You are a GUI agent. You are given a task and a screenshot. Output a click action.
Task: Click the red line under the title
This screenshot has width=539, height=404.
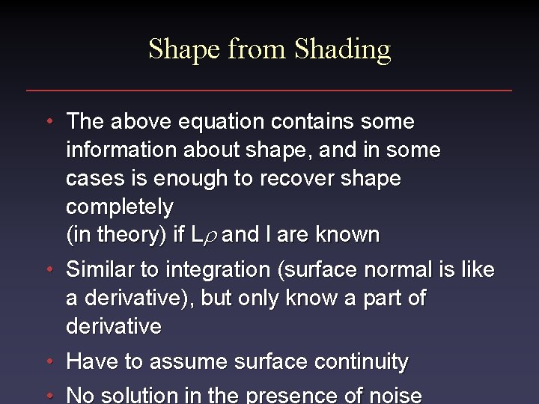point(269,91)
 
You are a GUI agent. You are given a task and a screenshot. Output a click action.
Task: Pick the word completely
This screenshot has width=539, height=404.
point(119,206)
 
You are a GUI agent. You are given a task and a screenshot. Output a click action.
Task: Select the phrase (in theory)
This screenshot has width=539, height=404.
point(117,235)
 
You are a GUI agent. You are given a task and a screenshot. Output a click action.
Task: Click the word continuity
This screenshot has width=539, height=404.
point(362,362)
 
